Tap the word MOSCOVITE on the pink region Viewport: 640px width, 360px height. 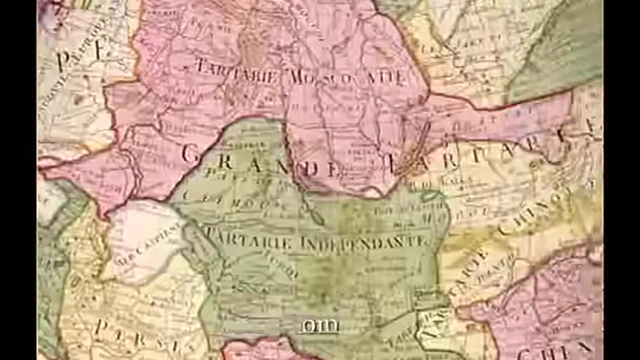345,76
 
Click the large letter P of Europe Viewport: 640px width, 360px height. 64,60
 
